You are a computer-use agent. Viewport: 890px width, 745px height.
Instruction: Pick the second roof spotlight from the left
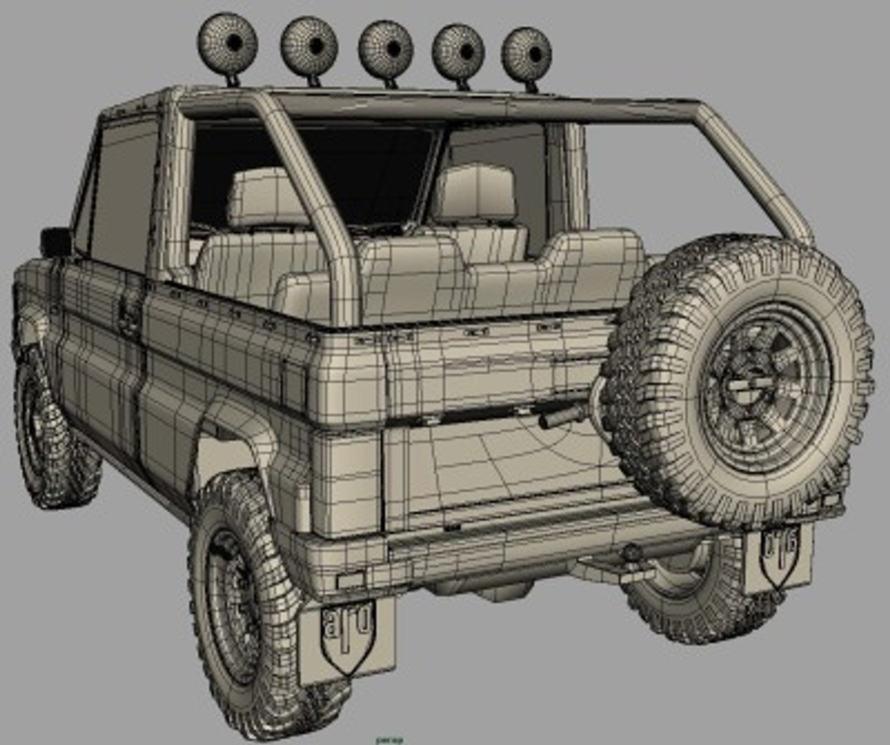(309, 45)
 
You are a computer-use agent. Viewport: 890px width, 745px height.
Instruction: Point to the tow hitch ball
(631, 554)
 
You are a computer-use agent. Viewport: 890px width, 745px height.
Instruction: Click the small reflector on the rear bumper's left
(353, 579)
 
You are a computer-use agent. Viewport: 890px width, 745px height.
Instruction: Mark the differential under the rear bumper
(483, 586)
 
